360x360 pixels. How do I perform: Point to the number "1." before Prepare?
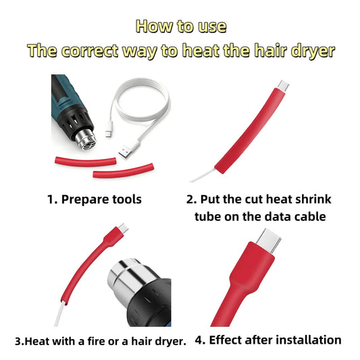(x=53, y=199)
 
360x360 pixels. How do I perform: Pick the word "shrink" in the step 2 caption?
(x=313, y=199)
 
